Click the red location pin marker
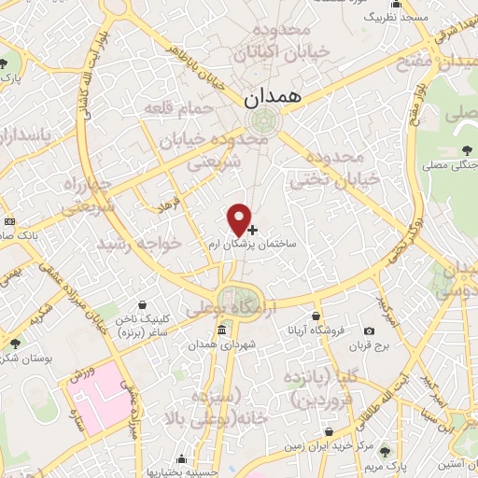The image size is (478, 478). coord(240,219)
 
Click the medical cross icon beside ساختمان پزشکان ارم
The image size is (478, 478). coord(252,229)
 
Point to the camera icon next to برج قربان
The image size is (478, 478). coord(369,331)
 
